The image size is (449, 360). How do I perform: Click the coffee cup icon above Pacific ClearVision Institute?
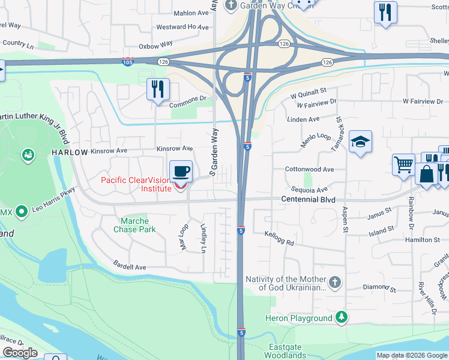[181, 172]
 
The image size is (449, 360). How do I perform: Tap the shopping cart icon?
[403, 164]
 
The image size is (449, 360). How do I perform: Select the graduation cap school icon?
[360, 142]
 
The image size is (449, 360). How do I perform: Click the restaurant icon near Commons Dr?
[158, 90]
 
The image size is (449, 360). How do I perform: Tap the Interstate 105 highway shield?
[127, 61]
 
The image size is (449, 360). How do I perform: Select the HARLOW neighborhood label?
[70, 152]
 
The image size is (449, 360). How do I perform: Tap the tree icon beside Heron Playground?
[341, 317]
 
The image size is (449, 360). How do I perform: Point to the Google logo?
[20, 353]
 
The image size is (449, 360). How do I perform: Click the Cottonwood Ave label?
[310, 170]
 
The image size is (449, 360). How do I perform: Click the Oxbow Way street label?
[155, 45]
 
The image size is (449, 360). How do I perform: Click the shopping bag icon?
[426, 175]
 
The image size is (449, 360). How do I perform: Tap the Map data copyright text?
[411, 355]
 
